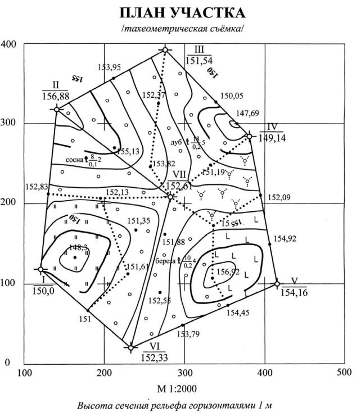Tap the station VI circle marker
[x=131, y=348]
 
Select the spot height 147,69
[x=247, y=114]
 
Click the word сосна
[x=75, y=160]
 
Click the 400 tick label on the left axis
[x=10, y=44]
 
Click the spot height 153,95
[x=109, y=68]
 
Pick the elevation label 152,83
[x=37, y=186]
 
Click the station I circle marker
[x=40, y=269]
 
